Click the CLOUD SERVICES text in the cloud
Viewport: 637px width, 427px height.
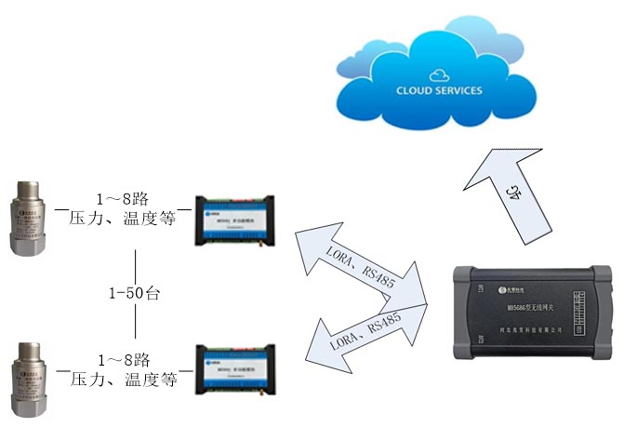coord(439,91)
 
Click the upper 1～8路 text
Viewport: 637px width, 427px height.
coord(124,199)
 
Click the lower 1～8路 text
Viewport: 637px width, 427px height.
coord(124,359)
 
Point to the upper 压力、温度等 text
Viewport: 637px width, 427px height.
coord(124,220)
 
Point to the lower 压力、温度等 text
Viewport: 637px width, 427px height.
coord(124,380)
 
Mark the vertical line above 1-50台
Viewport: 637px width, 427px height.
coord(136,264)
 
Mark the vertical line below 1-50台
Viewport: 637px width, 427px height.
coord(136,322)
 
